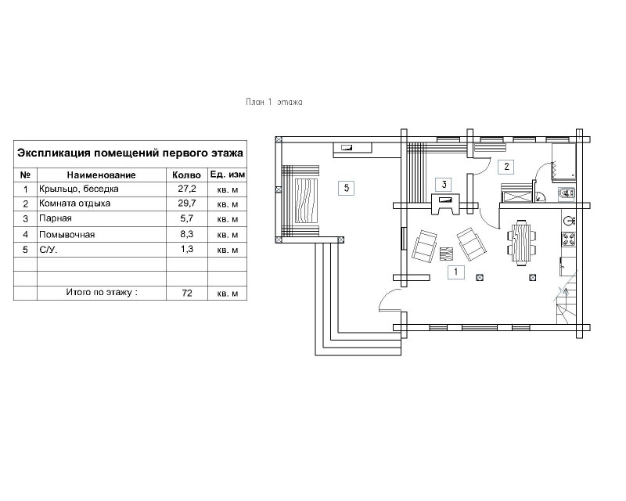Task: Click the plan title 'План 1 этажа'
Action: (x=274, y=103)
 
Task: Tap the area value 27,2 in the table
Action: (x=187, y=189)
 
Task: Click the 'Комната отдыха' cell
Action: (x=74, y=204)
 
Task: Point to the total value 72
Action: (x=187, y=293)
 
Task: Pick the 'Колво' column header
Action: (x=186, y=175)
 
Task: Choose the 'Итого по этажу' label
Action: (x=102, y=292)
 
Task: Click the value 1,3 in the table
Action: (x=187, y=249)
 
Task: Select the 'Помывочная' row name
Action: (x=67, y=235)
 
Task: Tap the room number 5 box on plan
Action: (x=346, y=188)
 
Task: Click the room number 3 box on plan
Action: (x=444, y=184)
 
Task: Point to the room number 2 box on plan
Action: (x=506, y=166)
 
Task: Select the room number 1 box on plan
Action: (x=455, y=272)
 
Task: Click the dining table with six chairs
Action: (x=522, y=243)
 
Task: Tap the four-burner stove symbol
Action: (x=568, y=239)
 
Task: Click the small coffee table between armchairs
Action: (x=447, y=254)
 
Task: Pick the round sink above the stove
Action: (x=569, y=220)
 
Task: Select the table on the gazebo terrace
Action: (x=307, y=201)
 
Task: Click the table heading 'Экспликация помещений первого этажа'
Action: (x=130, y=153)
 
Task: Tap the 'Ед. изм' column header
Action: (x=228, y=175)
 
